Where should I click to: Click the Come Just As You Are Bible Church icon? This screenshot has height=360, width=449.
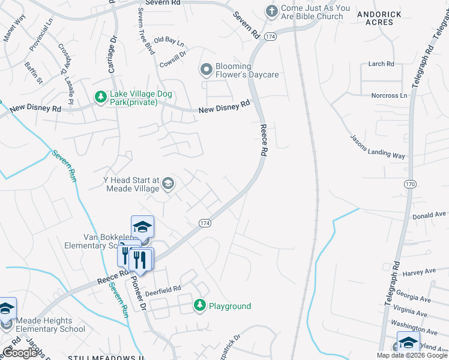click(x=272, y=11)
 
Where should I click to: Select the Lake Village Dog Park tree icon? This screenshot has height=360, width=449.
click(x=100, y=97)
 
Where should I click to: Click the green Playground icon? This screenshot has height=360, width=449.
click(x=200, y=305)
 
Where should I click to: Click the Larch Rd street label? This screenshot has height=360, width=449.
click(x=382, y=64)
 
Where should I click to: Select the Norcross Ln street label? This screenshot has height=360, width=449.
click(x=389, y=95)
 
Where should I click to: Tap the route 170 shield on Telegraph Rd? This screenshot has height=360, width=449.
click(x=410, y=184)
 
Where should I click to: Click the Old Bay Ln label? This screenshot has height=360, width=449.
click(x=169, y=41)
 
